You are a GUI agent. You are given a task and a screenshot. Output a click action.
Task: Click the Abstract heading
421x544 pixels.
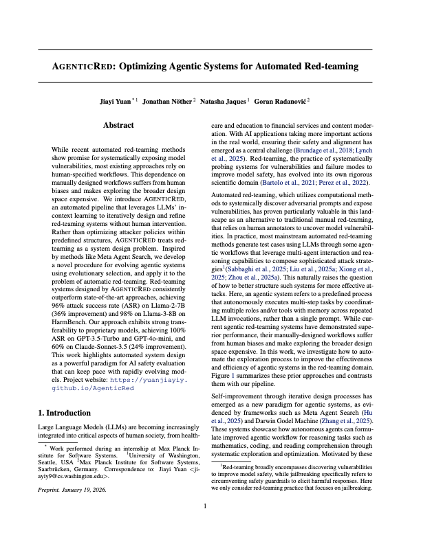(x=118, y=126)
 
